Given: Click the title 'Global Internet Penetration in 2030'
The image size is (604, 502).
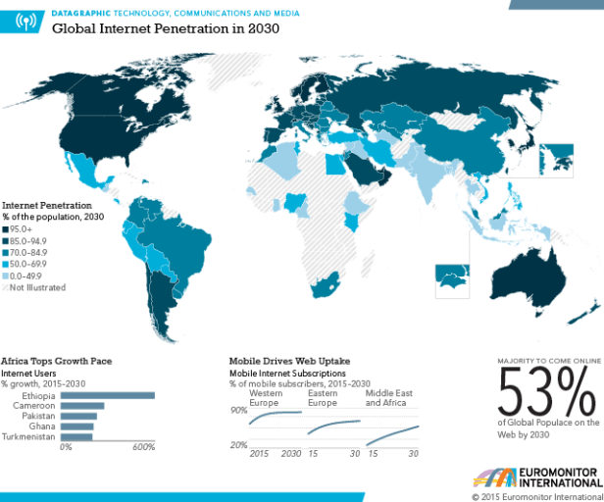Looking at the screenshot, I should [166, 28].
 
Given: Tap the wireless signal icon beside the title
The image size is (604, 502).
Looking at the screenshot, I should [26, 21].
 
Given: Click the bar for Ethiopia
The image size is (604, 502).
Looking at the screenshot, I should [108, 396].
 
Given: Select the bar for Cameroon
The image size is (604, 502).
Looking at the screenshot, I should [82, 406].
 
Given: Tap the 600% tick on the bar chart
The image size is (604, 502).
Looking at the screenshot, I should [144, 447].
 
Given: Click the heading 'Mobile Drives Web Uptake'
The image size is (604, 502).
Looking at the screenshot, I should [289, 361].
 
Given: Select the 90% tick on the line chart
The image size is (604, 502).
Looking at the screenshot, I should [238, 410].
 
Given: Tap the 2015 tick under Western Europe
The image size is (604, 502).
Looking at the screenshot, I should [260, 454].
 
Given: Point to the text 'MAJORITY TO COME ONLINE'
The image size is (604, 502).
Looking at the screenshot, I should [545, 360].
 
